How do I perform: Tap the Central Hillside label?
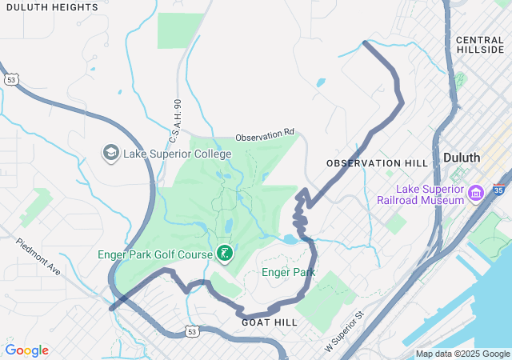point(480,44)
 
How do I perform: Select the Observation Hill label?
point(377,162)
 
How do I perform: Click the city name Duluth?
point(462,157)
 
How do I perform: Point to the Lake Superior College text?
point(177,154)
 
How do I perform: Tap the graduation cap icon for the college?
point(110,152)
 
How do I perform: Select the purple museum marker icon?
point(477,193)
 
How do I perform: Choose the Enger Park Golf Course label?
point(155,254)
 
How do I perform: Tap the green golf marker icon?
point(225,254)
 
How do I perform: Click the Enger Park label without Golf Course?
point(288,273)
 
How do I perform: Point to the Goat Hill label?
point(269,322)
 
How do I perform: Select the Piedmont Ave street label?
point(38,256)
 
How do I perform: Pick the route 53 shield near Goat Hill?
point(192,330)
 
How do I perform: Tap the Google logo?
point(26,350)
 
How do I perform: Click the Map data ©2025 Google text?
point(462,354)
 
